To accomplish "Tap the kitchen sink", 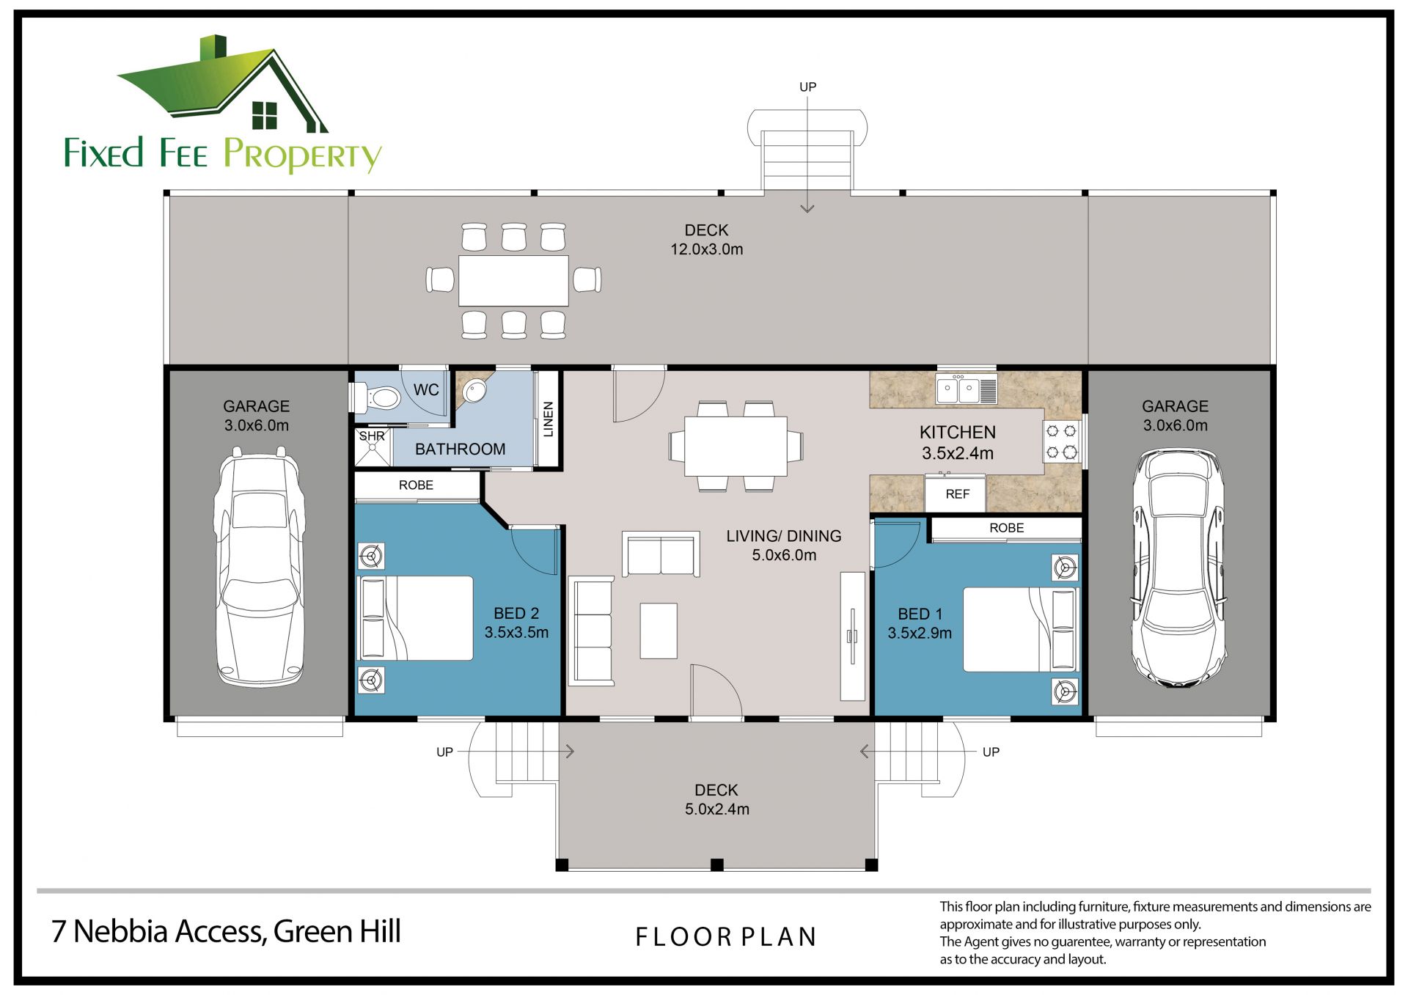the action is pos(967,390).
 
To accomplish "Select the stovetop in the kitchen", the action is pos(1061,441).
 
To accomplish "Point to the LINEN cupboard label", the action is pos(548,419).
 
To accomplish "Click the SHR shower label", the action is pos(372,436).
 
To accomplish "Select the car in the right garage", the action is pos(1178,568).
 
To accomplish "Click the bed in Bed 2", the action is pos(415,618).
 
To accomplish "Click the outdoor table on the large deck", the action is pos(513,280).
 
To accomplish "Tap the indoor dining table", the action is pos(736,446).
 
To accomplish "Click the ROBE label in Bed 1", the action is pos(1006,528).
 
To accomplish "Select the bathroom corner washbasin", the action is pos(474,391).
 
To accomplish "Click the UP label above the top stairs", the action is pos(807,87).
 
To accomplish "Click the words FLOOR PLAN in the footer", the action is pos(726,937).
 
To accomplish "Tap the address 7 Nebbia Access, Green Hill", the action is pos(226,931).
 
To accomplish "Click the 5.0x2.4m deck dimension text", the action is pos(717,809).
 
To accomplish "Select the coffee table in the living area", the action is pos(659,631).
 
